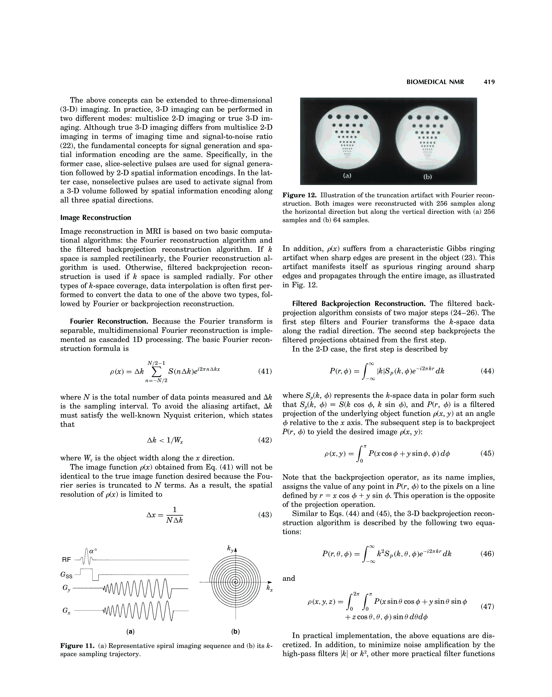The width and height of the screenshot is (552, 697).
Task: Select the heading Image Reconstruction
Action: pyautogui.click(x=96, y=218)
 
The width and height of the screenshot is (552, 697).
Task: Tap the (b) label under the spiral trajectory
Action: pyautogui.click(x=236, y=631)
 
